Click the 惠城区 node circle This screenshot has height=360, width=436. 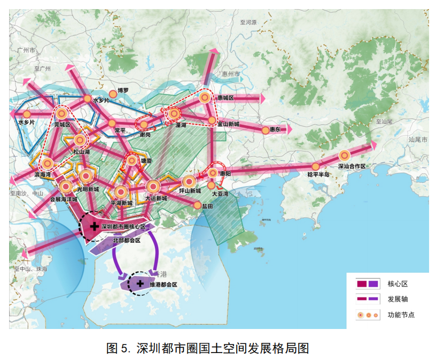[205, 98]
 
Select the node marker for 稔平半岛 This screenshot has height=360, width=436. [316, 166]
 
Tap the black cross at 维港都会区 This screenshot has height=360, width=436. [140, 283]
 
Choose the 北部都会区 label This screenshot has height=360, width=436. [126, 241]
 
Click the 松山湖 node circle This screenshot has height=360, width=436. [80, 140]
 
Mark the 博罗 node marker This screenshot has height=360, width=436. [113, 93]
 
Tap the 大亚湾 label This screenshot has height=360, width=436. [221, 194]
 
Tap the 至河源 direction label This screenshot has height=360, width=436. [248, 22]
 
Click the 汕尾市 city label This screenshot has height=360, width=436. [417, 139]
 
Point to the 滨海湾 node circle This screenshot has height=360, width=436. [48, 163]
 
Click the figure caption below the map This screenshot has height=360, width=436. [208, 348]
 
